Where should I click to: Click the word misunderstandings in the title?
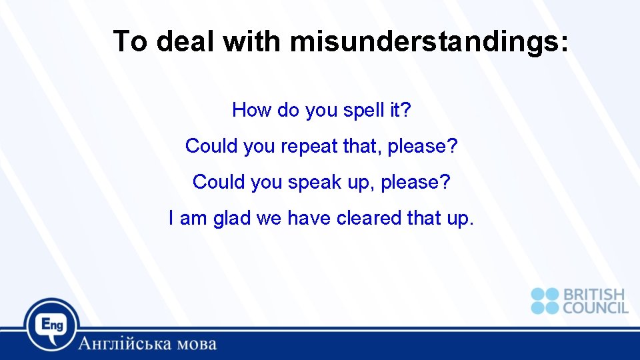(430, 42)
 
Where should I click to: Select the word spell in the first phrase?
(365, 110)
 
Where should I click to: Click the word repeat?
(309, 146)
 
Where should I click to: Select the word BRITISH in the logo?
(594, 295)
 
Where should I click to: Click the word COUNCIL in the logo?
(595, 307)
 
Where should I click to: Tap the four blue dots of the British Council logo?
(545, 301)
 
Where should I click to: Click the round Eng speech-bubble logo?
(52, 326)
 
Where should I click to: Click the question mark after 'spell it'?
(407, 110)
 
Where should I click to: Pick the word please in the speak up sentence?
(411, 182)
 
